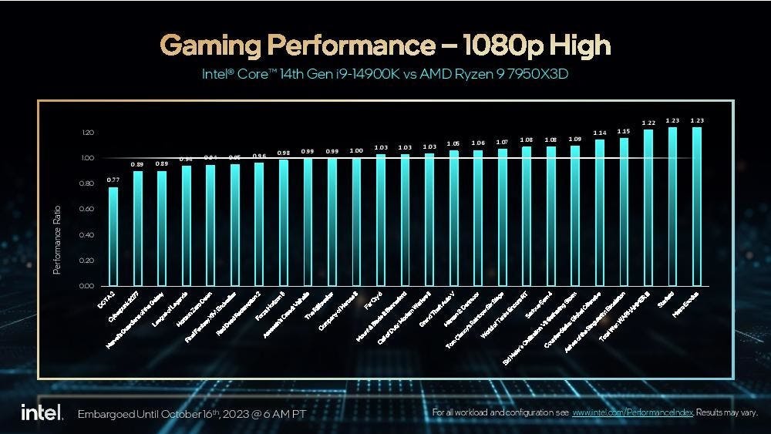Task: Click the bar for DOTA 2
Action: [113, 236]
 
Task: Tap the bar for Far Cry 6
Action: [381, 220]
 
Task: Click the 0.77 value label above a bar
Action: [113, 180]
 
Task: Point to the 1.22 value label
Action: [648, 123]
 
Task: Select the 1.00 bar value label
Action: [356, 150]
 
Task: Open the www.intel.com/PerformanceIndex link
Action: [634, 412]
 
